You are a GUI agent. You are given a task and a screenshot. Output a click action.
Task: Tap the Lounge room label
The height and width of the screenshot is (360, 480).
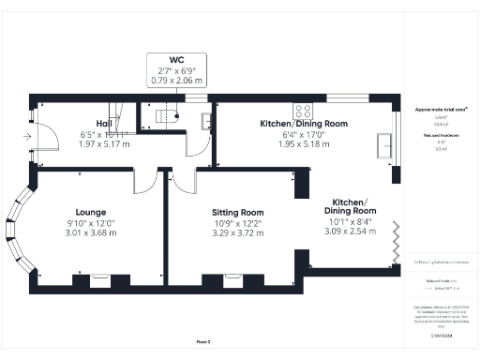[x=91, y=211]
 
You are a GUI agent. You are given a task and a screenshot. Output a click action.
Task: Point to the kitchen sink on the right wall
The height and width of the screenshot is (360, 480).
[x=384, y=146]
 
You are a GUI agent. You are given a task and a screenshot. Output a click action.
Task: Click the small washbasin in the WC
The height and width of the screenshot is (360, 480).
[x=204, y=120]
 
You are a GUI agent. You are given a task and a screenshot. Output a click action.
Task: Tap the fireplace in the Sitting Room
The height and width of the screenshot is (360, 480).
[x=230, y=278]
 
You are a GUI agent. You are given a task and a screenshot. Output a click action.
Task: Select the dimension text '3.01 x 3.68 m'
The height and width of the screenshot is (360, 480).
[x=91, y=232]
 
